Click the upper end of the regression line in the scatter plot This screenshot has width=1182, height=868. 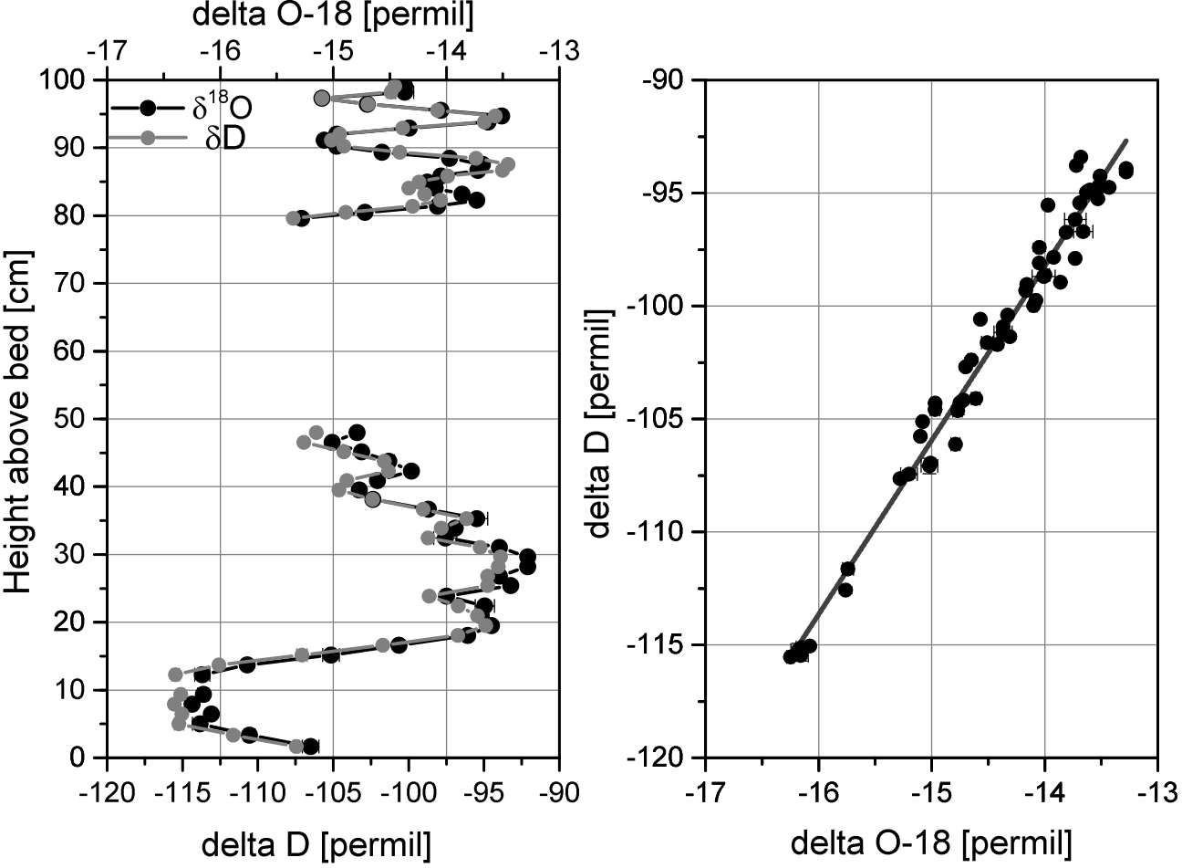pos(1127,140)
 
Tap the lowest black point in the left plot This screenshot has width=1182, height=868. pos(310,747)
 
